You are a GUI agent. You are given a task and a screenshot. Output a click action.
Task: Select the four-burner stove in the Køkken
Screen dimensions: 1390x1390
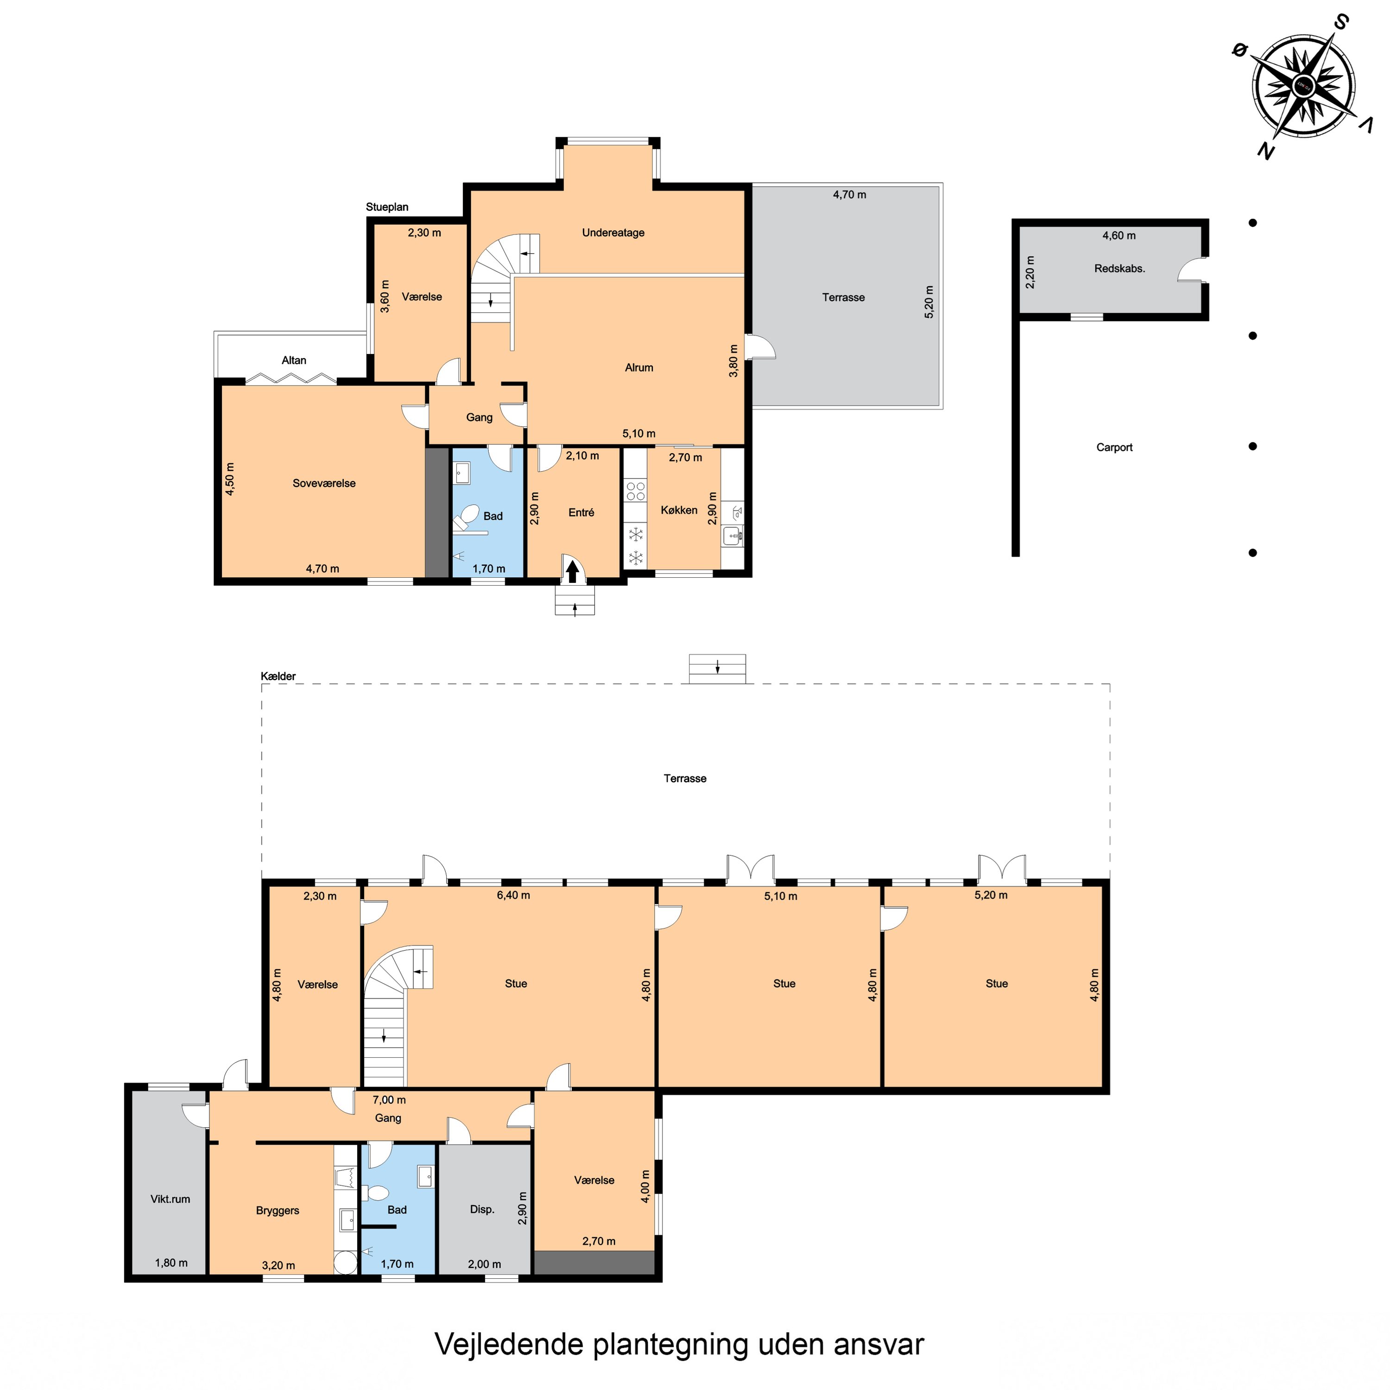pyautogui.click(x=635, y=492)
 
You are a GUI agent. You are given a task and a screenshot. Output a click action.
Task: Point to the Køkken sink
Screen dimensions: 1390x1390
pyautogui.click(x=733, y=535)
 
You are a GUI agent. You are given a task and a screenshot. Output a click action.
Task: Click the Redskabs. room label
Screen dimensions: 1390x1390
pyautogui.click(x=1119, y=268)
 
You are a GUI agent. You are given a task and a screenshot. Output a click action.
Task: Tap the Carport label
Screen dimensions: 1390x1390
pyautogui.click(x=1114, y=447)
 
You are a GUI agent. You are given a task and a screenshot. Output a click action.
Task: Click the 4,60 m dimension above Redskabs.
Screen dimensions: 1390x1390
pyautogui.click(x=1119, y=235)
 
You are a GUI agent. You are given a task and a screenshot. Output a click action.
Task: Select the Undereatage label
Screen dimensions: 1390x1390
pyautogui.click(x=613, y=233)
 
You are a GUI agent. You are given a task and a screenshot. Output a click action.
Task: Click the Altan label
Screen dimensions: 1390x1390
pyautogui.click(x=294, y=360)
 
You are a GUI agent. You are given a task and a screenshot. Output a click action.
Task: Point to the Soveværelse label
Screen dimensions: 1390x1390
pyautogui.click(x=324, y=483)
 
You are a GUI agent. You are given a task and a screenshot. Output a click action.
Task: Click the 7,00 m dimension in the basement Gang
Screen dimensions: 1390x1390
pyautogui.click(x=389, y=1099)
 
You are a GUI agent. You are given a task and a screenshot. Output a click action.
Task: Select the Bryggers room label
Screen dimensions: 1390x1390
pyautogui.click(x=277, y=1210)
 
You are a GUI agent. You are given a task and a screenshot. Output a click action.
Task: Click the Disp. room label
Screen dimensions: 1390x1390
pyautogui.click(x=482, y=1209)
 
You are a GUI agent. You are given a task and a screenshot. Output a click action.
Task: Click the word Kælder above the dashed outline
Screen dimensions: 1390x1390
pyautogui.click(x=278, y=676)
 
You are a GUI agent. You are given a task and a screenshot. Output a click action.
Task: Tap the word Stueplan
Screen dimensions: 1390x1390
pyautogui.click(x=386, y=207)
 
